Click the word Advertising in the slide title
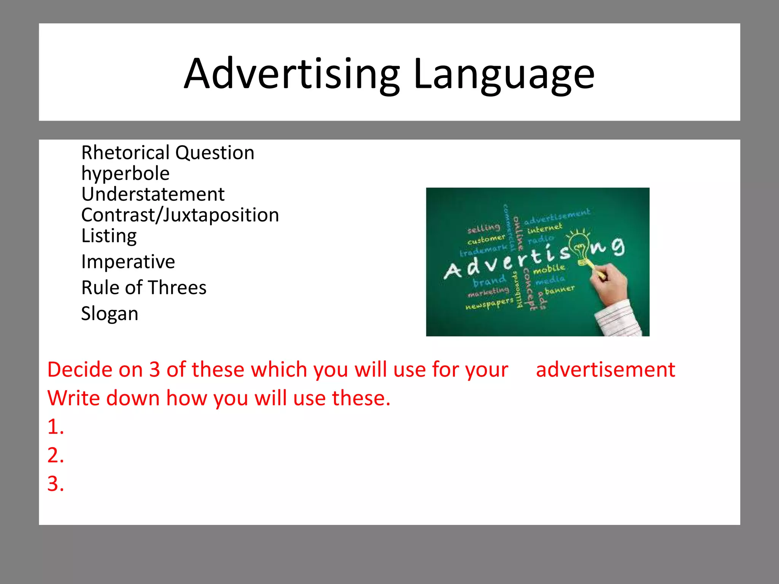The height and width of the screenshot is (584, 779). tap(292, 74)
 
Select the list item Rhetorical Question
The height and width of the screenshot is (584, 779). tap(168, 153)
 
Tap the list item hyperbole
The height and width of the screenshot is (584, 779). tap(125, 174)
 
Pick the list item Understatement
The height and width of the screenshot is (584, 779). tap(153, 194)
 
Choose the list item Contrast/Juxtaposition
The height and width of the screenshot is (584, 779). tap(180, 215)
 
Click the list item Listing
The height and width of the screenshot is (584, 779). tap(109, 236)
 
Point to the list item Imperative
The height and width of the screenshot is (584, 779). tap(128, 262)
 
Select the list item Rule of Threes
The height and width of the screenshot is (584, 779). tap(144, 288)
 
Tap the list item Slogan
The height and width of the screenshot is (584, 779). tap(110, 314)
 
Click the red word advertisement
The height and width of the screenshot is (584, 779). tap(606, 370)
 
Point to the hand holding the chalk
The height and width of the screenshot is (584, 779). tap(609, 283)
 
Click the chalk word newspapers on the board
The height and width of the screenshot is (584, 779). tap(489, 304)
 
